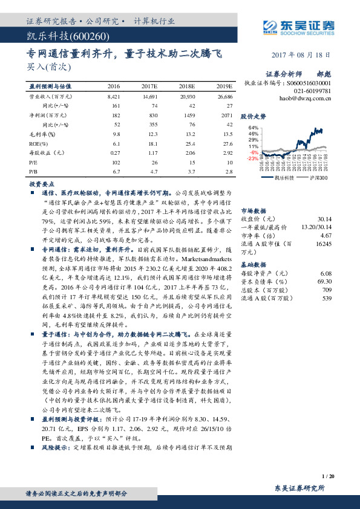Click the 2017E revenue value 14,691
[150, 96]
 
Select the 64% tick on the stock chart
[254, 128]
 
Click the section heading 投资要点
[39, 182]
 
